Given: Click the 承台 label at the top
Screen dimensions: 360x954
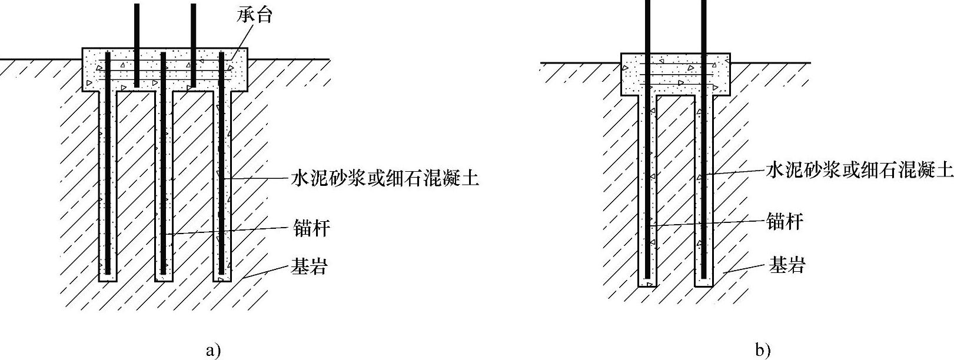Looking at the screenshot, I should coord(255,15).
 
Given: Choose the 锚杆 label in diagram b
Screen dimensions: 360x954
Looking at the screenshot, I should coord(785,221).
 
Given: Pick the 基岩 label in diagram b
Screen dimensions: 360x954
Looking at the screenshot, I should coord(787,266).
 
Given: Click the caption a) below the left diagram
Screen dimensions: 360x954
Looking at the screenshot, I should coord(213,351).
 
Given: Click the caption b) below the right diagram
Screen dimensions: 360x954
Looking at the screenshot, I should coord(763,351).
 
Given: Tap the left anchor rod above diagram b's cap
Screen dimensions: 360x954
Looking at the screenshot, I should coord(648,26).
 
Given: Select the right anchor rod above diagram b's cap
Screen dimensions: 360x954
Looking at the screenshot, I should coord(704,26).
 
